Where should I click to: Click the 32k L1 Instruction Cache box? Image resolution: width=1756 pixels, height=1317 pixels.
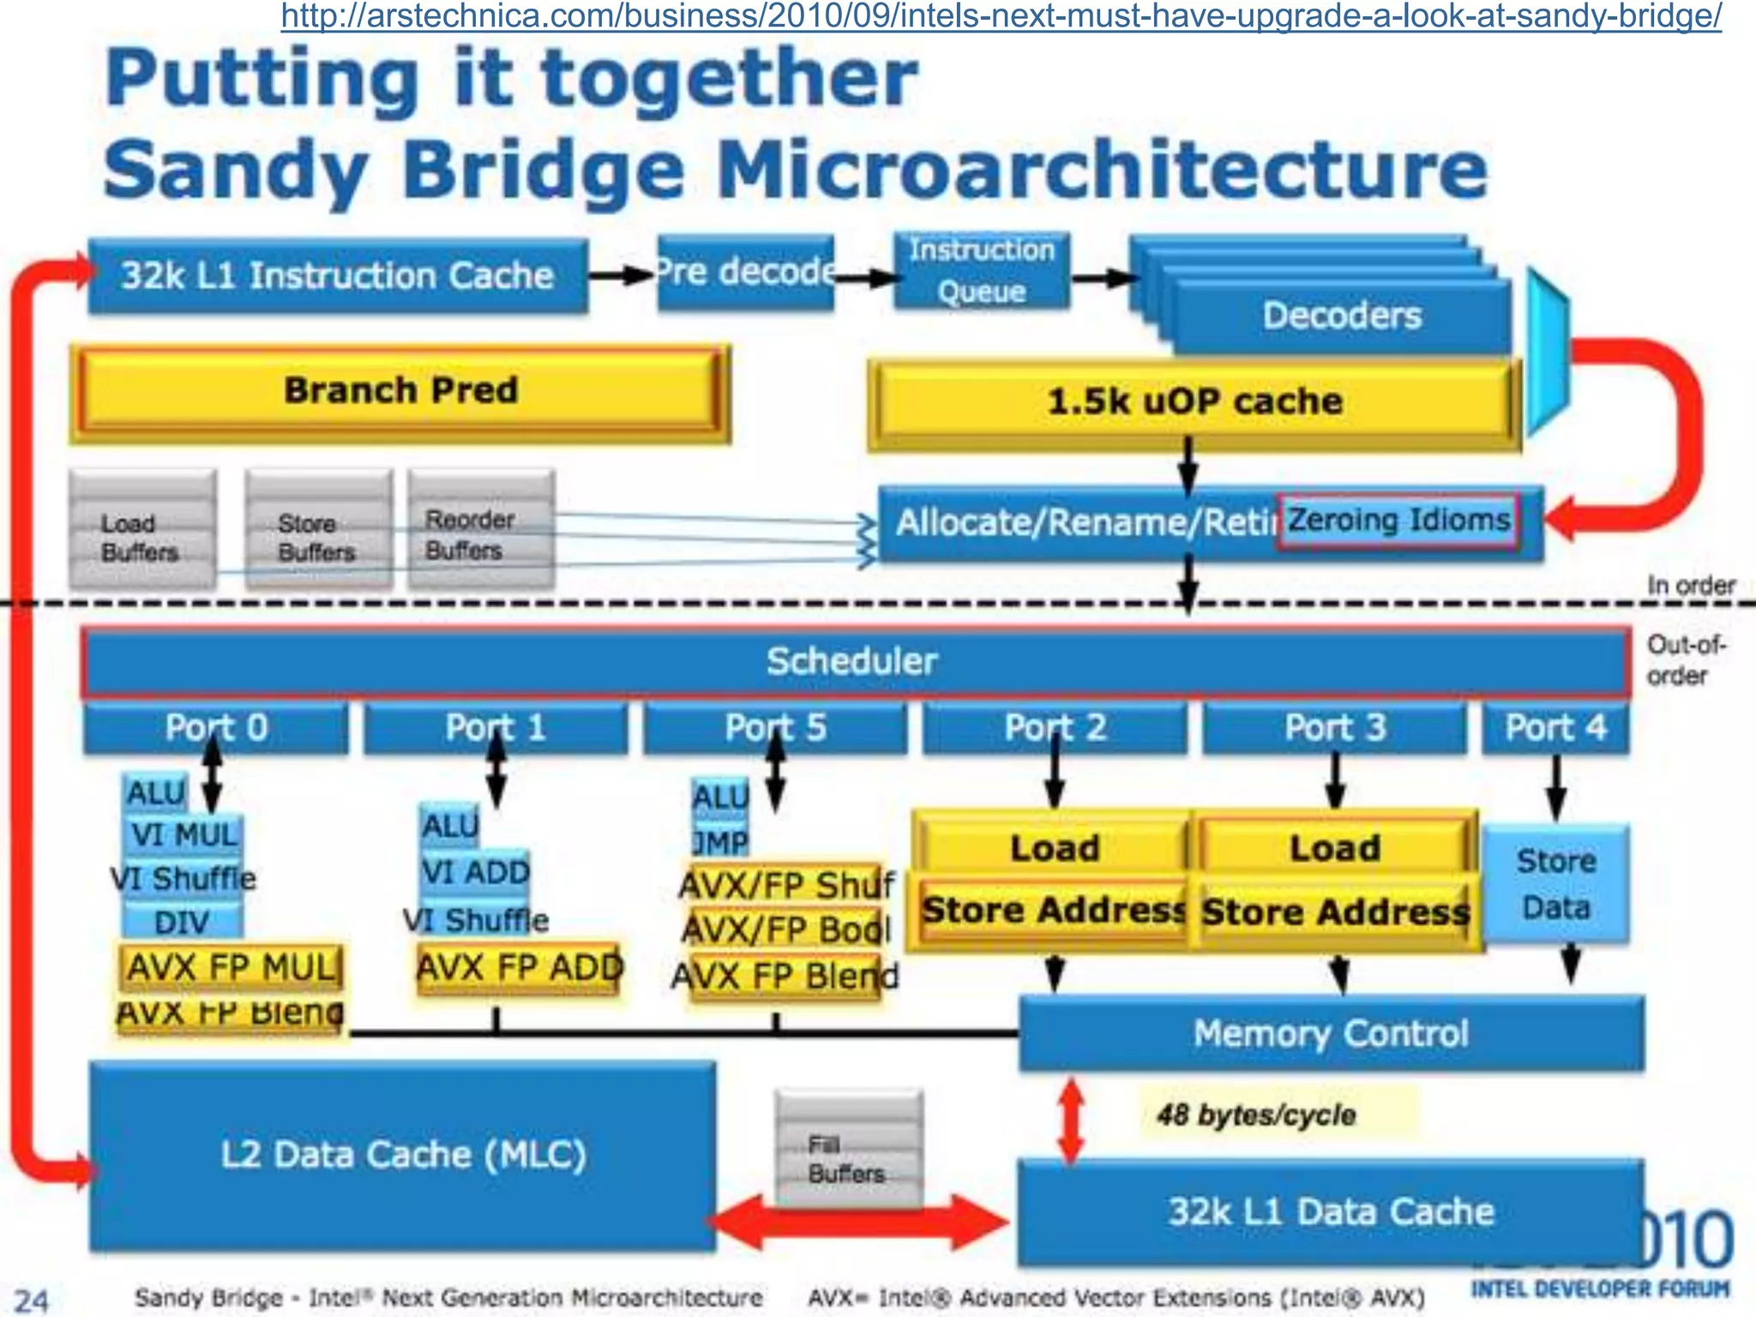pos(338,276)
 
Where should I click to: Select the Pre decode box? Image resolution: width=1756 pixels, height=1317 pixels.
pos(744,273)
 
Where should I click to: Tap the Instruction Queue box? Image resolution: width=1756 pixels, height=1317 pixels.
pos(981,271)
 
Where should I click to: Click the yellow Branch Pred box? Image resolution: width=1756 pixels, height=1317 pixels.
pos(400,392)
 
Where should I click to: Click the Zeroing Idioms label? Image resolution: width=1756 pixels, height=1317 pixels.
pos(1398,520)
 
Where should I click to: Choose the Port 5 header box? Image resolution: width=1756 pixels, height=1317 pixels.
pos(775,728)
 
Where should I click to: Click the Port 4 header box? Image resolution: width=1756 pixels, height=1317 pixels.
pos(1555,728)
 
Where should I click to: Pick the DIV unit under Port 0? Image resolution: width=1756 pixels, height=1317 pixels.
pos(182,923)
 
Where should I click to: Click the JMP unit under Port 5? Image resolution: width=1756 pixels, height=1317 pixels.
pos(720,843)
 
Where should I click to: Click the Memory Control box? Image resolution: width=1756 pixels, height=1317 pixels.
pos(1331,1034)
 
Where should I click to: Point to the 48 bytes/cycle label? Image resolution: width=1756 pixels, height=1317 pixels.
pos(1257,1115)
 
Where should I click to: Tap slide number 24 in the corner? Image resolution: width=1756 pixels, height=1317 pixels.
pos(32,1300)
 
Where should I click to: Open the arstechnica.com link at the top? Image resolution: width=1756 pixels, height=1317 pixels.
pos(1001,15)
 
